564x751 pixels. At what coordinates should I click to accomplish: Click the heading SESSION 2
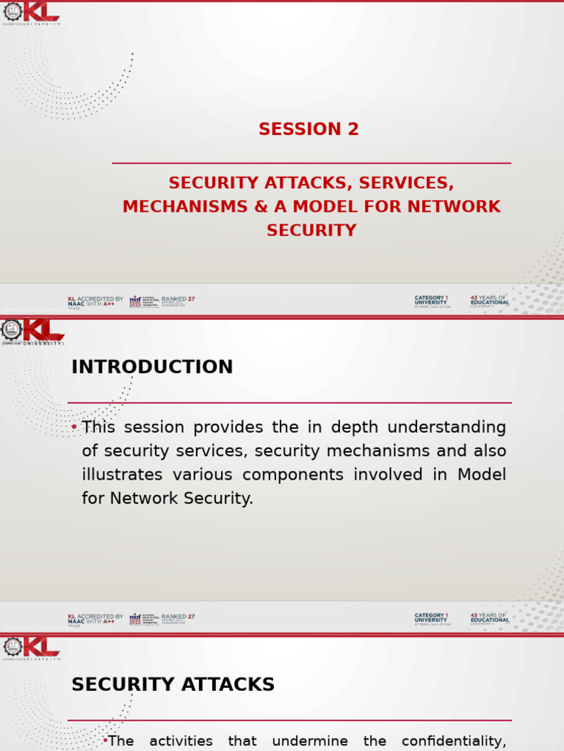308,130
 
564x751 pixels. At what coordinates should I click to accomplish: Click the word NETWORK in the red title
454,207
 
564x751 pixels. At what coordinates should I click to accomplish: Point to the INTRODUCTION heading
152,367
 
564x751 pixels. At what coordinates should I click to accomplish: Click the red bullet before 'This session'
75,427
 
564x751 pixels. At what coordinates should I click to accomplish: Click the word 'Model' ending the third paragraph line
482,475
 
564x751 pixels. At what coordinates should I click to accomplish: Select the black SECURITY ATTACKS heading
173,685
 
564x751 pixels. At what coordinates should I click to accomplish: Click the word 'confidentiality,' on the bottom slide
454,741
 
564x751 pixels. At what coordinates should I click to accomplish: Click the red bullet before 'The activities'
105,741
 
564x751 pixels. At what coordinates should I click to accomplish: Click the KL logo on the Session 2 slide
32,12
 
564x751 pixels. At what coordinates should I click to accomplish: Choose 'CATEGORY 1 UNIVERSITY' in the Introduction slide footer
432,618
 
